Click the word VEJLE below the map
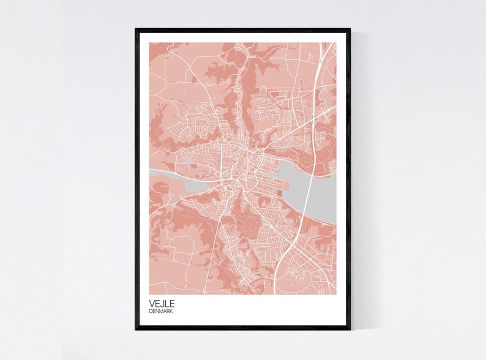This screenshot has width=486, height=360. pos(161,302)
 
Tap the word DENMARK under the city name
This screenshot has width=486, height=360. pos(160,311)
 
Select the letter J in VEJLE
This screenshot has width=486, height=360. pos(161,302)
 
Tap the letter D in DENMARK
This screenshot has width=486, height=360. pos(150,311)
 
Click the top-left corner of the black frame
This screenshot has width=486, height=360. pos(136,29)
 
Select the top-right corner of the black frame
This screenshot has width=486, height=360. pos(350,29)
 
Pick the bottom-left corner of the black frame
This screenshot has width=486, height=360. pos(136,329)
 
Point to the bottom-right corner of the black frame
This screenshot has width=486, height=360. pos(350,329)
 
